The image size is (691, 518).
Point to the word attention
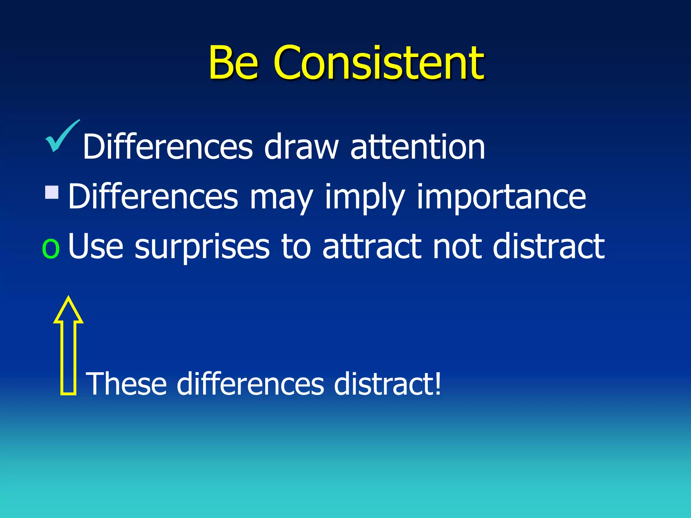click(418, 147)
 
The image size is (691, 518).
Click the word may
click(281, 197)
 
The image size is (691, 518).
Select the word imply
click(364, 197)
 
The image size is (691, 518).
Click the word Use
click(95, 247)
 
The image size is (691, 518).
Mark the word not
click(457, 247)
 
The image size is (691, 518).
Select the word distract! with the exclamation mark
click(387, 383)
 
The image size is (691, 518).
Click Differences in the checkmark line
click(168, 147)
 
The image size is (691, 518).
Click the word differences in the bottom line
click(250, 383)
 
